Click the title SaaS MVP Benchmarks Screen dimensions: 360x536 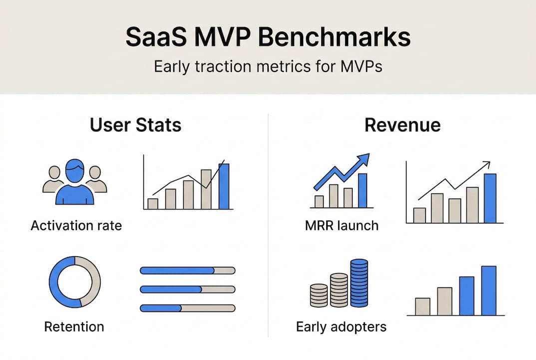[268, 38]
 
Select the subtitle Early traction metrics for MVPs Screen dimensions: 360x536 [268, 66]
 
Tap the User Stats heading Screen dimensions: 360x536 [135, 125]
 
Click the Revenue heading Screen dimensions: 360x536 [402, 125]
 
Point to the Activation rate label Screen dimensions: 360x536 [76, 225]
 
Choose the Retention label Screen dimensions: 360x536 [74, 327]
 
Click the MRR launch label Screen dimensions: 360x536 [342, 225]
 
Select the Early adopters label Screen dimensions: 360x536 [341, 327]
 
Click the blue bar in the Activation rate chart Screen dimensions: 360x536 [224, 186]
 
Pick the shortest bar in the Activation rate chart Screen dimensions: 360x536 [152, 203]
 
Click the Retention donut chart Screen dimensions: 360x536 [75, 282]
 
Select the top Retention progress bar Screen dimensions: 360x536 [187, 270]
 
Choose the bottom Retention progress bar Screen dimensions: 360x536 [187, 308]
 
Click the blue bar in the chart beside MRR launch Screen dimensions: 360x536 [490, 198]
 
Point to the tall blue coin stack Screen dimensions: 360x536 [359, 283]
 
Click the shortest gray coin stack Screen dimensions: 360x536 [319, 295]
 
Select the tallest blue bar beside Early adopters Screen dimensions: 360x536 [489, 290]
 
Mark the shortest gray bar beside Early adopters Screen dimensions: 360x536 [423, 306]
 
